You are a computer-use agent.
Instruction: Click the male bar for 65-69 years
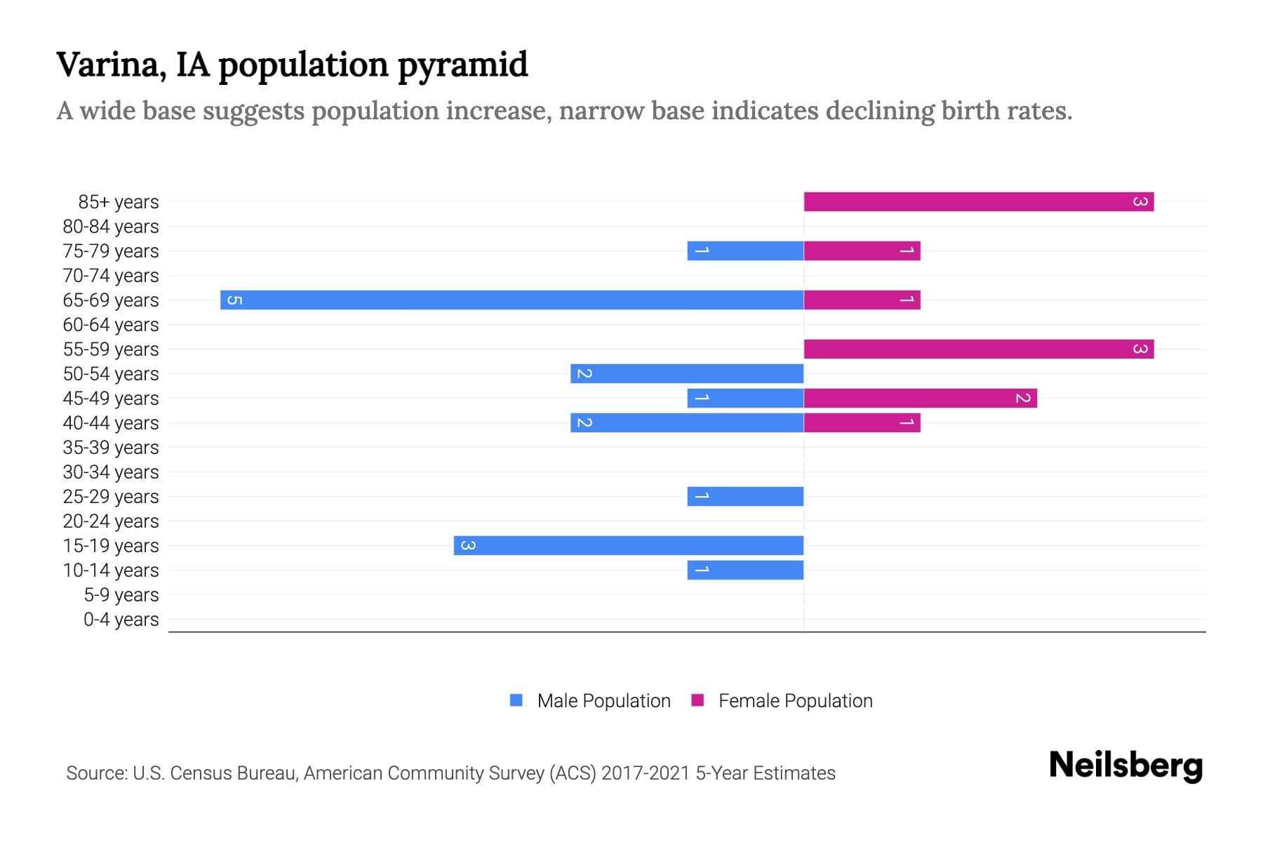tap(512, 300)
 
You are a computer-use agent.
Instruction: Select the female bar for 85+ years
tap(979, 202)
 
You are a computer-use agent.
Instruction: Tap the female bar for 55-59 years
tap(979, 349)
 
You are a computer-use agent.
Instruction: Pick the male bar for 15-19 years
tap(629, 546)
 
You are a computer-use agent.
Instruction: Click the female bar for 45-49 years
tap(920, 399)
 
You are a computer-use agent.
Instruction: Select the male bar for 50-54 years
tap(687, 374)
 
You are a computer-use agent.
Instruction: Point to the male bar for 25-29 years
tap(745, 497)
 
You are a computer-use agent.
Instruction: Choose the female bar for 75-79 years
tap(862, 251)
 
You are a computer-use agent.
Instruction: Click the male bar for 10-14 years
tap(745, 570)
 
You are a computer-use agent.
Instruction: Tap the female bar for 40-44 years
tap(862, 423)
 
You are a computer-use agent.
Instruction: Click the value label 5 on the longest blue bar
tap(235, 300)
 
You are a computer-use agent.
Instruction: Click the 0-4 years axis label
tap(121, 620)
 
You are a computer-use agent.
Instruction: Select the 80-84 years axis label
tap(111, 227)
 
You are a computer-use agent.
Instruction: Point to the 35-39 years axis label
tap(111, 448)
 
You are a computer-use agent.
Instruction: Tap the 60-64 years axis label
tap(111, 325)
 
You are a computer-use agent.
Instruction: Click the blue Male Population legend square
tap(516, 700)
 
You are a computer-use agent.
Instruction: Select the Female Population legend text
tap(795, 701)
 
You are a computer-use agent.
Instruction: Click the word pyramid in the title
tap(462, 65)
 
